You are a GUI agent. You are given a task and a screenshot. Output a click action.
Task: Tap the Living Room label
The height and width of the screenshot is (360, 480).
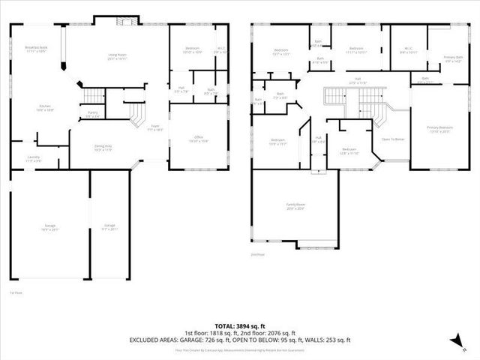click(116, 55)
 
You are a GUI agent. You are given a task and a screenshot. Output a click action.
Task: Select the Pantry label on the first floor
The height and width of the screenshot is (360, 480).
click(92, 114)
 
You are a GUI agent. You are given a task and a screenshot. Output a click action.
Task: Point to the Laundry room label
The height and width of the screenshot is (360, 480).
click(34, 159)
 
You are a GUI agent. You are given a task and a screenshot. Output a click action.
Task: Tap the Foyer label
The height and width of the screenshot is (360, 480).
click(155, 127)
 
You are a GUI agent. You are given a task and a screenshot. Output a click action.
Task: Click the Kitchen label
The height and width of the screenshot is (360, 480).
click(46, 108)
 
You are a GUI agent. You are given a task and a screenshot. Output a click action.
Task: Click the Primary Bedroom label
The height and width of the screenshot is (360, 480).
click(439, 129)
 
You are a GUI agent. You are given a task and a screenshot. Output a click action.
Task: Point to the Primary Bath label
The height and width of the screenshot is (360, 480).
click(453, 58)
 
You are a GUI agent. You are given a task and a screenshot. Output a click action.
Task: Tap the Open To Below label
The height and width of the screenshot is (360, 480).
click(393, 139)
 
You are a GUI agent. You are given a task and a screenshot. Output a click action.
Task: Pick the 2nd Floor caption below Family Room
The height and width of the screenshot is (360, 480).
click(257, 255)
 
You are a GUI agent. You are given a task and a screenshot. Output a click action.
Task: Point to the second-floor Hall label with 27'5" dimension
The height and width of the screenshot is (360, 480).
click(358, 81)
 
